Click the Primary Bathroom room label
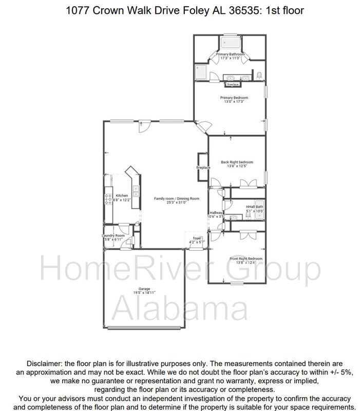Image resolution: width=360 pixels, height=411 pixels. pyautogui.click(x=230, y=54)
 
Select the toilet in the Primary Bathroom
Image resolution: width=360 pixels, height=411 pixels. pyautogui.click(x=259, y=76)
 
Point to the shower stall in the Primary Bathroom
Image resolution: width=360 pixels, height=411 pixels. pyautogui.click(x=201, y=72)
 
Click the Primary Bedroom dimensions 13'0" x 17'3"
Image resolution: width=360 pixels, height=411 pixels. pyautogui.click(x=234, y=102)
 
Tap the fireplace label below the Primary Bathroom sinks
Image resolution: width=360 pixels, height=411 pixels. pyautogui.click(x=233, y=84)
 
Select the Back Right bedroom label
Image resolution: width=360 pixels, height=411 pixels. pyautogui.click(x=237, y=162)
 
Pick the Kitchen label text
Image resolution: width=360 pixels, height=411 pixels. pyautogui.click(x=122, y=195)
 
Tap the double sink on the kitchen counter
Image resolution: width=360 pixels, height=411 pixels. pyautogui.click(x=136, y=192)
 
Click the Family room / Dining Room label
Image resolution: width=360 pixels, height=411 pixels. pyautogui.click(x=176, y=198)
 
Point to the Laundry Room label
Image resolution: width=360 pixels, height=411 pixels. pyautogui.click(x=113, y=235)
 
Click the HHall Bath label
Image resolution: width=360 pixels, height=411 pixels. pyautogui.click(x=255, y=207)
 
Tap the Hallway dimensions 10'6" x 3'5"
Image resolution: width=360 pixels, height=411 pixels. pyautogui.click(x=216, y=217)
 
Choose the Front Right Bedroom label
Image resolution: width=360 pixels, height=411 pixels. pyautogui.click(x=246, y=258)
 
